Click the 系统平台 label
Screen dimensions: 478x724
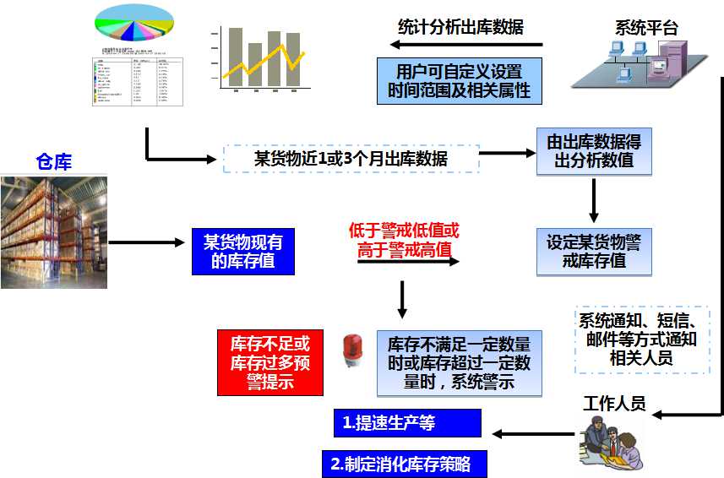(x=646, y=27)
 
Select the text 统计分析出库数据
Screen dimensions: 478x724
(x=460, y=26)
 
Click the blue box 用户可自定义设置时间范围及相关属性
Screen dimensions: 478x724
(x=459, y=80)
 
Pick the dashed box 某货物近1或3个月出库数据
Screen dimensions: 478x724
(x=351, y=159)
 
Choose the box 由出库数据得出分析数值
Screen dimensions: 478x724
(x=594, y=151)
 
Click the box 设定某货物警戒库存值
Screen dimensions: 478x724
(x=594, y=252)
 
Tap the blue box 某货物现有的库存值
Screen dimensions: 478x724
(x=243, y=253)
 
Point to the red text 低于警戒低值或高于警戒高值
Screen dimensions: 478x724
(x=405, y=240)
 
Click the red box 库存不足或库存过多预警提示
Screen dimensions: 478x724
(x=270, y=362)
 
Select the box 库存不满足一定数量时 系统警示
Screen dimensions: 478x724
(x=459, y=364)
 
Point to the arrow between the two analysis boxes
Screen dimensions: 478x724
(x=594, y=201)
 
